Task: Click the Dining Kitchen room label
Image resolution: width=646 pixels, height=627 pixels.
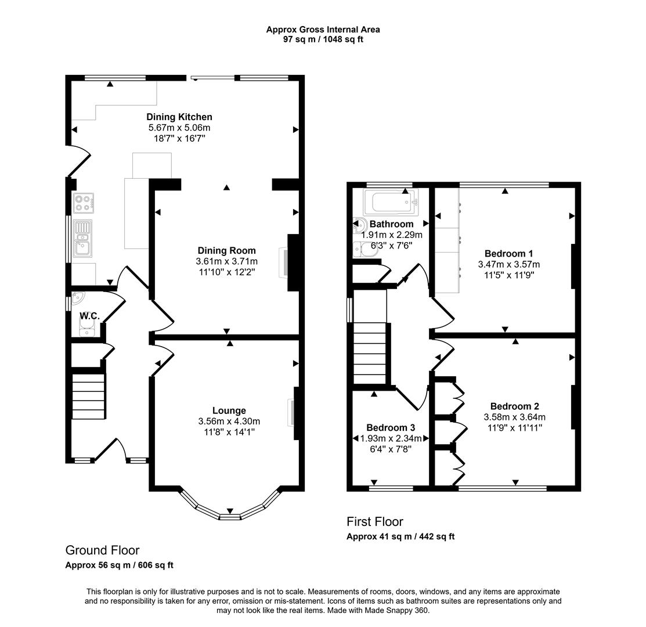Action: (x=179, y=117)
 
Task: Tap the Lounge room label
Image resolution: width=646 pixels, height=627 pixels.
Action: (x=229, y=410)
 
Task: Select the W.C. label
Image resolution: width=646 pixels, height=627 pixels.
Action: (x=89, y=316)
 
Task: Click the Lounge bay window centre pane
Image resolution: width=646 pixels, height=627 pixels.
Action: (x=230, y=516)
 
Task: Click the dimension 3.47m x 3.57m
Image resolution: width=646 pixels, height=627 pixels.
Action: (x=505, y=264)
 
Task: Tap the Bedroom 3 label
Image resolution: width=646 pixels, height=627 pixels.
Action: (x=390, y=428)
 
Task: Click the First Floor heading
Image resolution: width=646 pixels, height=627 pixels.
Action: (x=374, y=521)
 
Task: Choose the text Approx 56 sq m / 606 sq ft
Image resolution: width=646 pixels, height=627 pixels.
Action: (x=119, y=565)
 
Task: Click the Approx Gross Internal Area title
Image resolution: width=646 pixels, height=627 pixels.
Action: (x=323, y=29)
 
